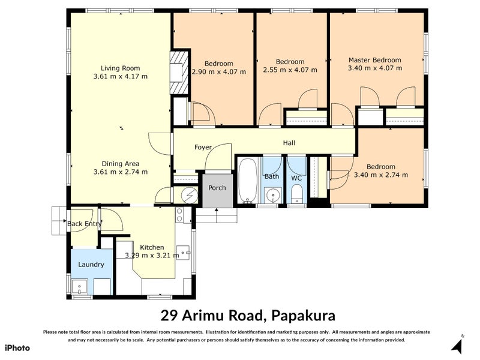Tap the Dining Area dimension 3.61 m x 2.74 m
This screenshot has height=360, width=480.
121,172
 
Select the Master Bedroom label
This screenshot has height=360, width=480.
374,60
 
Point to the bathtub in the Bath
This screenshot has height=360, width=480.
247,180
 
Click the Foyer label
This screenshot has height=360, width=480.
203,147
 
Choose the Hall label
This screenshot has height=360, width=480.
289,143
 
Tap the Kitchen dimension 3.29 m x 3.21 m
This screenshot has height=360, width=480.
152,255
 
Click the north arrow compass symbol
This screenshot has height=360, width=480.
458,346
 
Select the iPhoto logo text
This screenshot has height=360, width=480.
17,348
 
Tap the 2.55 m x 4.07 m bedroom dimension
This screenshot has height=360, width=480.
290,70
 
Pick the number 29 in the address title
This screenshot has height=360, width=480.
169,315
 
